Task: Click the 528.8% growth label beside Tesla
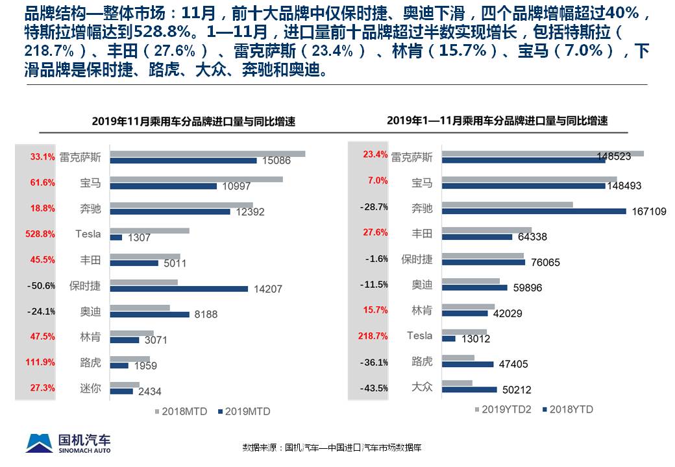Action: click(x=41, y=234)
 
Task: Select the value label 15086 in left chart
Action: click(x=276, y=161)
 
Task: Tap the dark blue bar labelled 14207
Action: click(x=178, y=289)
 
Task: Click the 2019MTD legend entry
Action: click(x=243, y=411)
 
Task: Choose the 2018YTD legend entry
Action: click(x=567, y=409)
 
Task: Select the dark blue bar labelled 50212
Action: click(x=469, y=390)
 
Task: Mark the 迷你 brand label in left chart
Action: click(x=90, y=389)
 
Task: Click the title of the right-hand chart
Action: click(x=497, y=121)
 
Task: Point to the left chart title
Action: click(x=193, y=121)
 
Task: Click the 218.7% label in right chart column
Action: click(x=373, y=337)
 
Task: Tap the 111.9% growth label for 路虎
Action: click(x=41, y=363)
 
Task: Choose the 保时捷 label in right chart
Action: click(x=417, y=259)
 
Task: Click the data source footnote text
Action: click(x=332, y=448)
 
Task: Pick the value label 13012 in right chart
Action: click(x=476, y=339)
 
